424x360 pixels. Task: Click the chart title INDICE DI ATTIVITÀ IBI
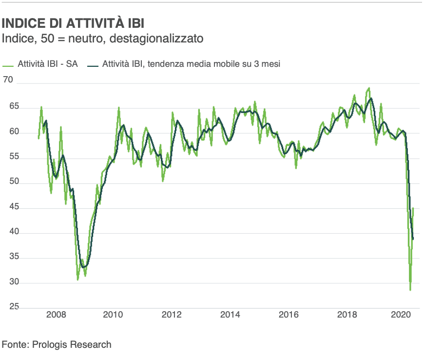73,23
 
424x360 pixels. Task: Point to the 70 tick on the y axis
9,79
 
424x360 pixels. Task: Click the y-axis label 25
9,307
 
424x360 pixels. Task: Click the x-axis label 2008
56,314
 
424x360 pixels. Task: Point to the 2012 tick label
172,314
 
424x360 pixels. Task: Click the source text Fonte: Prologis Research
57,344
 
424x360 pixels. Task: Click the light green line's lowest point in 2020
410,290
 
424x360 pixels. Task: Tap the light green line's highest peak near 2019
369,88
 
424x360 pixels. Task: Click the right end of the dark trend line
413,239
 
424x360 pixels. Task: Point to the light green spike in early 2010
119,108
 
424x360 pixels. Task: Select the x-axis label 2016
288,314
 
